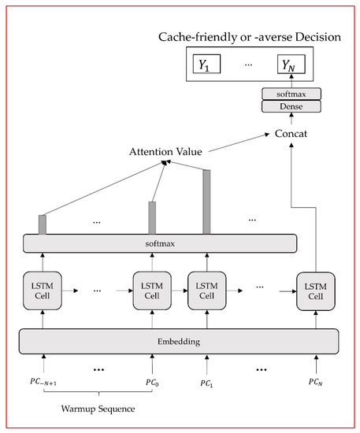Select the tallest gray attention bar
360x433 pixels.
coord(207,201)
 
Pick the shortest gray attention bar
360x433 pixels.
coord(43,224)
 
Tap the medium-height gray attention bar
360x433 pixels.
coord(152,217)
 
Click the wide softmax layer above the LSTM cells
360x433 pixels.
coord(162,243)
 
